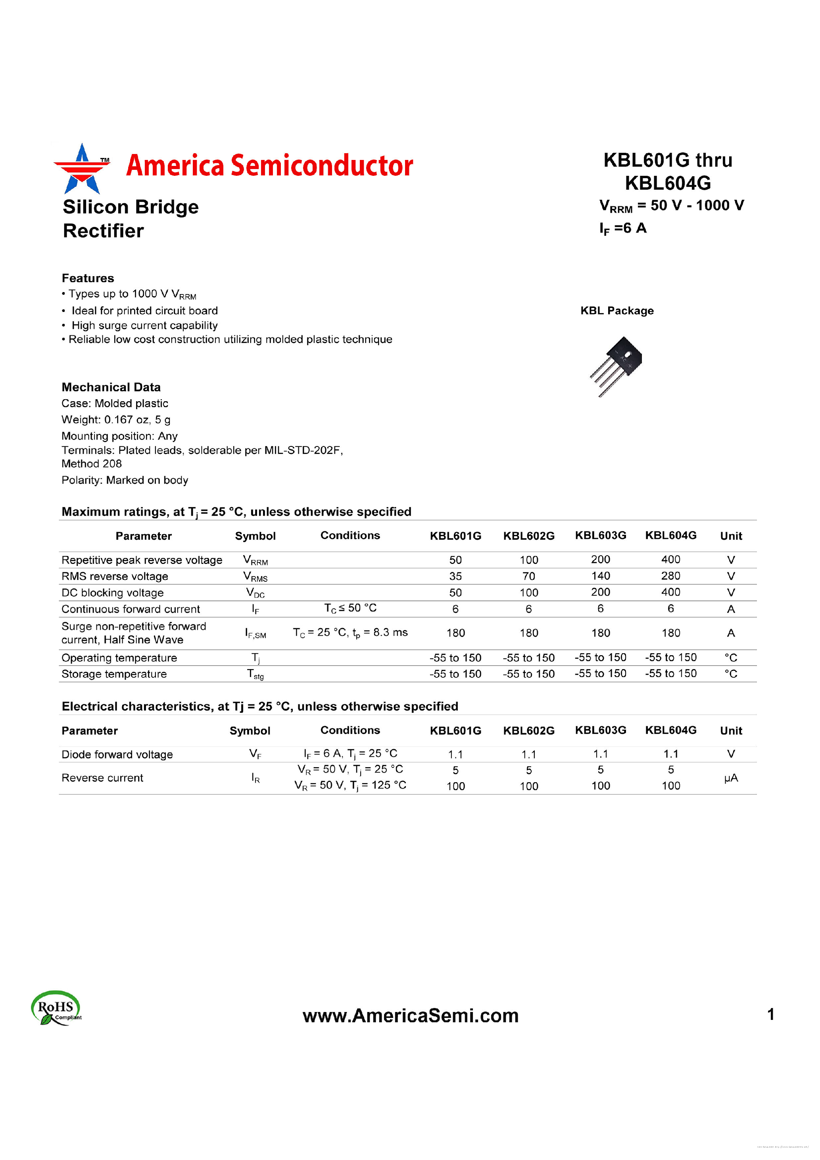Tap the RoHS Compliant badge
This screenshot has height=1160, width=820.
[x=56, y=1008]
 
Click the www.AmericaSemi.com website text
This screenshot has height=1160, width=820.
[x=410, y=1016]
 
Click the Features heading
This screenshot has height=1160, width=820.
[x=88, y=278]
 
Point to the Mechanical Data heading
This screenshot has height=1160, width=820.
[x=111, y=387]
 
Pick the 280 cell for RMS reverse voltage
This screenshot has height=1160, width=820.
[x=670, y=576]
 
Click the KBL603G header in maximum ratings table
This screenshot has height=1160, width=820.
[x=600, y=535]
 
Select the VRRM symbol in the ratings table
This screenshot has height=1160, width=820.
[x=255, y=560]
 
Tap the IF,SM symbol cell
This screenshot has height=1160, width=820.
[x=255, y=633]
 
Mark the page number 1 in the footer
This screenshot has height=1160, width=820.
[x=770, y=1014]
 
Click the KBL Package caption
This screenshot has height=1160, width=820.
[x=616, y=311]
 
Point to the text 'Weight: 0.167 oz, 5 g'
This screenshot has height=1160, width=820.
[x=115, y=419]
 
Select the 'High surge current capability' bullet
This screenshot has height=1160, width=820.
[x=144, y=325]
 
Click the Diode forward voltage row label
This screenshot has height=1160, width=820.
[x=117, y=754]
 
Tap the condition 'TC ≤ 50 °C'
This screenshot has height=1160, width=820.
[x=350, y=608]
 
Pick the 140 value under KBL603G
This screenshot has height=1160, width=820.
[x=600, y=576]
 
